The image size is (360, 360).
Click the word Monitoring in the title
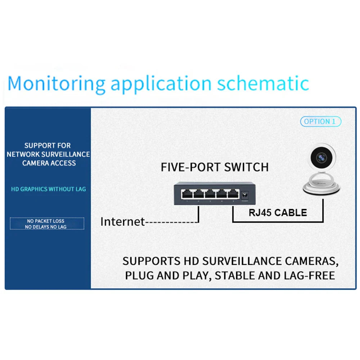coord(56,84)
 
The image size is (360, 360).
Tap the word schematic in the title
coord(263,83)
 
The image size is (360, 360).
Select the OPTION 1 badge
coord(320,122)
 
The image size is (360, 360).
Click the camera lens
coord(321,157)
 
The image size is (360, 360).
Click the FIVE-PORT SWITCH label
coord(215,167)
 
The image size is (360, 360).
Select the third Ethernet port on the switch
coord(210,194)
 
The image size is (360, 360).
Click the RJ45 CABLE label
coord(278,212)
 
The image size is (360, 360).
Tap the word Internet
coord(122,221)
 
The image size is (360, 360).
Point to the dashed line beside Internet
coord(171,222)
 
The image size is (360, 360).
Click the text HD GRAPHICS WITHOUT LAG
coord(49,189)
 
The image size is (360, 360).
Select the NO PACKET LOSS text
coord(46,221)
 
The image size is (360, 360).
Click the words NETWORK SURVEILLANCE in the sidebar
coord(48,154)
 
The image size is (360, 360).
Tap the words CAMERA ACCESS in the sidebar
coord(49,163)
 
